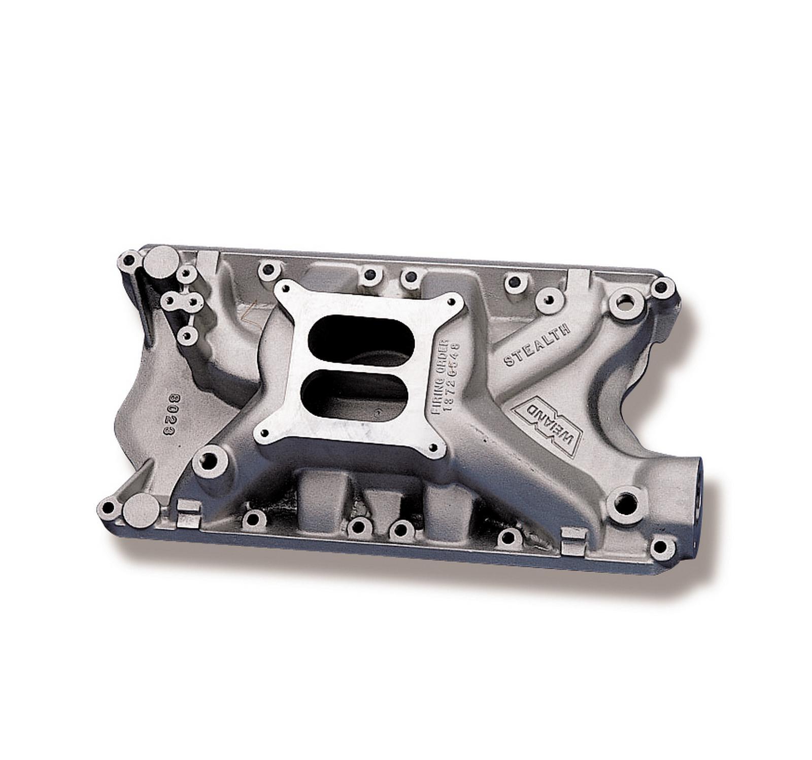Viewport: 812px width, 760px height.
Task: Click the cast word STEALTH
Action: click(536, 346)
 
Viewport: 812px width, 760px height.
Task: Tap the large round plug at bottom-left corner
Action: click(141, 511)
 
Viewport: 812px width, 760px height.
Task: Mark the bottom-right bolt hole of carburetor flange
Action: click(434, 447)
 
